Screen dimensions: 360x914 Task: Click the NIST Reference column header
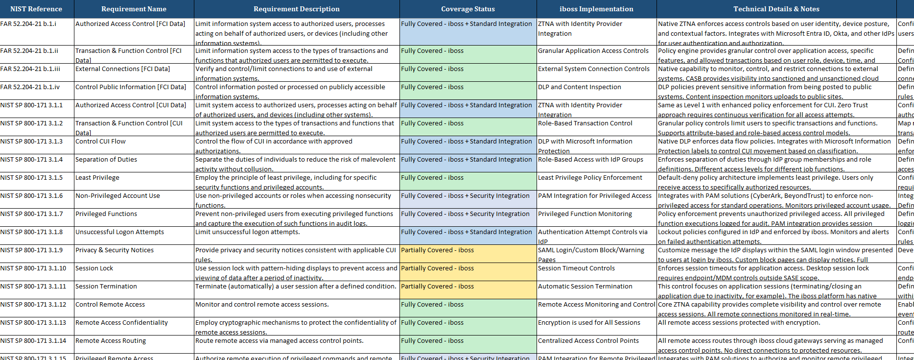(x=36, y=9)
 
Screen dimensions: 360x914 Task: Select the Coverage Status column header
(x=468, y=9)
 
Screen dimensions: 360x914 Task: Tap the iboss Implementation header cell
(x=596, y=9)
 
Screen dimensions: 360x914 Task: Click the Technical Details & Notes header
(x=776, y=9)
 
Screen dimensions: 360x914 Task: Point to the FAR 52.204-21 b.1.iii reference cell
(x=30, y=69)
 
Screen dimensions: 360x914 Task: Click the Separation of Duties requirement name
(x=106, y=160)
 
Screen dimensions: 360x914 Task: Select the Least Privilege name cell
(x=97, y=178)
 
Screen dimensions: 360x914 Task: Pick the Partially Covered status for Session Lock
(x=437, y=268)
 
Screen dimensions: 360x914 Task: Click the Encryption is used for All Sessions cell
(x=589, y=323)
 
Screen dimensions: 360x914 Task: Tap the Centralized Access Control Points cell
(x=588, y=341)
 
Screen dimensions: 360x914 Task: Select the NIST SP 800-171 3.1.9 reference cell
(x=32, y=250)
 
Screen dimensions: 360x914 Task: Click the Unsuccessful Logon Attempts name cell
(x=119, y=232)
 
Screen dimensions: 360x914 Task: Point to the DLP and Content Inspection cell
(x=579, y=87)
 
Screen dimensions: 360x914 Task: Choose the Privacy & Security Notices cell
(x=115, y=250)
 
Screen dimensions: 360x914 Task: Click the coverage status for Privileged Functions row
(x=465, y=214)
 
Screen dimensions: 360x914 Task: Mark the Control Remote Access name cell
(x=110, y=305)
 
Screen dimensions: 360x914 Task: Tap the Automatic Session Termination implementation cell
(x=585, y=287)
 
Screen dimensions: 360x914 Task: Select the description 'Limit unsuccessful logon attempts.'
(x=248, y=232)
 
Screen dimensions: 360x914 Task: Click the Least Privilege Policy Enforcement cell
(x=590, y=178)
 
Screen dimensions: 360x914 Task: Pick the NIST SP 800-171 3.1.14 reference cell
(x=33, y=341)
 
